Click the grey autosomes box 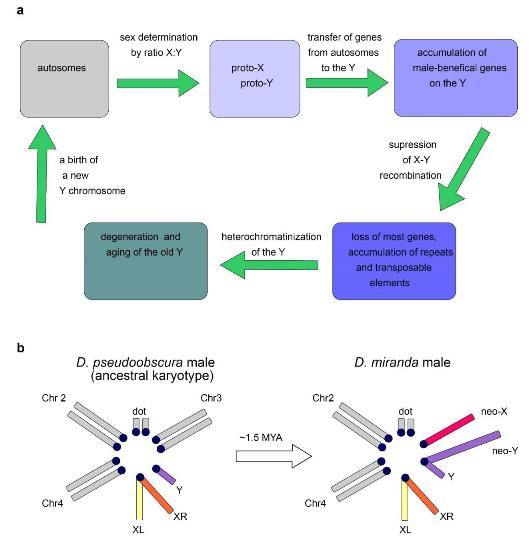pyautogui.click(x=64, y=79)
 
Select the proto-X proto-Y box pyautogui.click(x=254, y=79)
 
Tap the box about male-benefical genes pyautogui.click(x=455, y=78)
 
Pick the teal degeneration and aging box pyautogui.click(x=146, y=261)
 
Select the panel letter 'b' pyautogui.click(x=21, y=348)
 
